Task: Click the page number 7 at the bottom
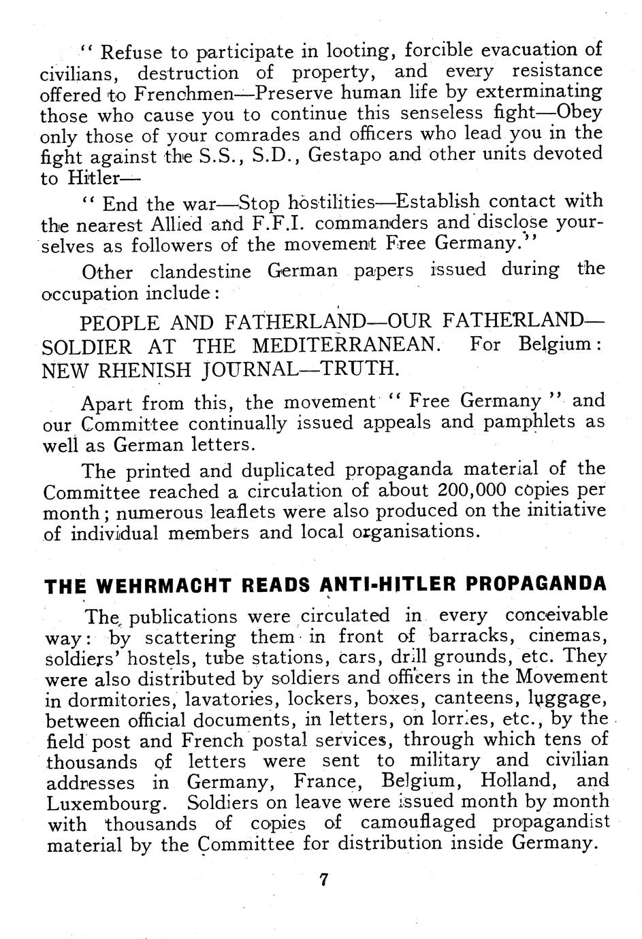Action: [323, 880]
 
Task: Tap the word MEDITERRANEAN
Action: [345, 345]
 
